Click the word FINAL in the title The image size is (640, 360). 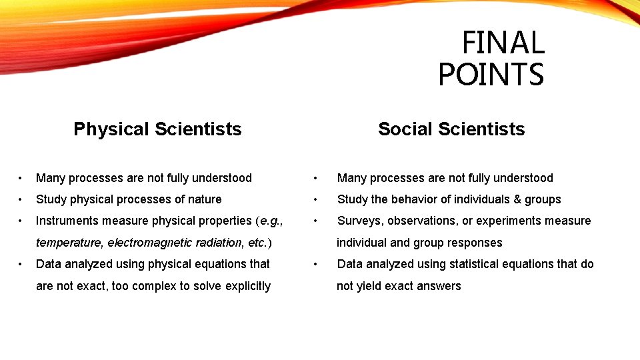(503, 43)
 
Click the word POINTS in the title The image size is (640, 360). (491, 75)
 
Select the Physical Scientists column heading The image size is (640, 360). (157, 129)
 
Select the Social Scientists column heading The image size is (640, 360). (451, 129)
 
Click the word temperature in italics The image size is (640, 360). (69, 243)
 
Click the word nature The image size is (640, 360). (204, 199)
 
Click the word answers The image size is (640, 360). (440, 286)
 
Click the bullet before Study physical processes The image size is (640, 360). (22, 199)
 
